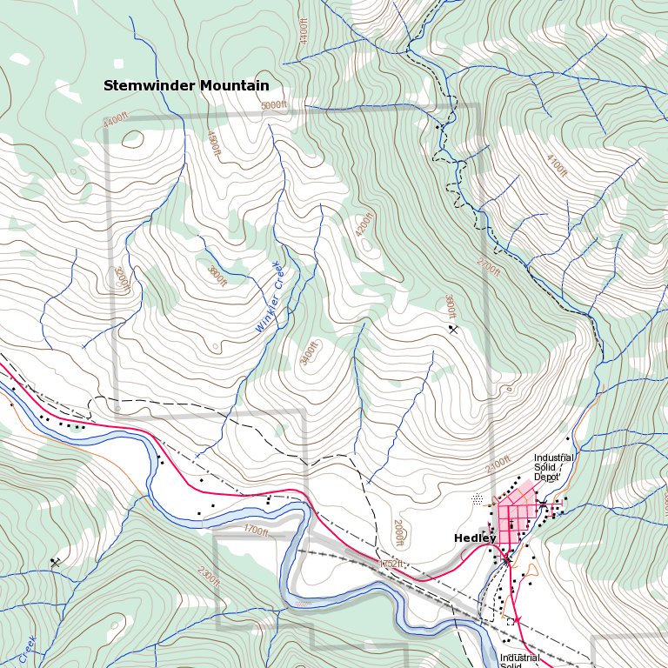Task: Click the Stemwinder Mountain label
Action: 185,85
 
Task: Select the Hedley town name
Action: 474,538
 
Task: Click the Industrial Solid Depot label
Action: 554,467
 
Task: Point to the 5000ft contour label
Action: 273,105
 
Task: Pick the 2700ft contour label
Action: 489,266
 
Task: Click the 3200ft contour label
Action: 217,276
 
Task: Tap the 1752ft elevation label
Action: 391,564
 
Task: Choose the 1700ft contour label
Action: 256,530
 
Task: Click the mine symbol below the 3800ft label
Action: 452,329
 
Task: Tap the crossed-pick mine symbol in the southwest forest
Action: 56,563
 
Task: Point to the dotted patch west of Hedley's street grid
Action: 477,499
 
